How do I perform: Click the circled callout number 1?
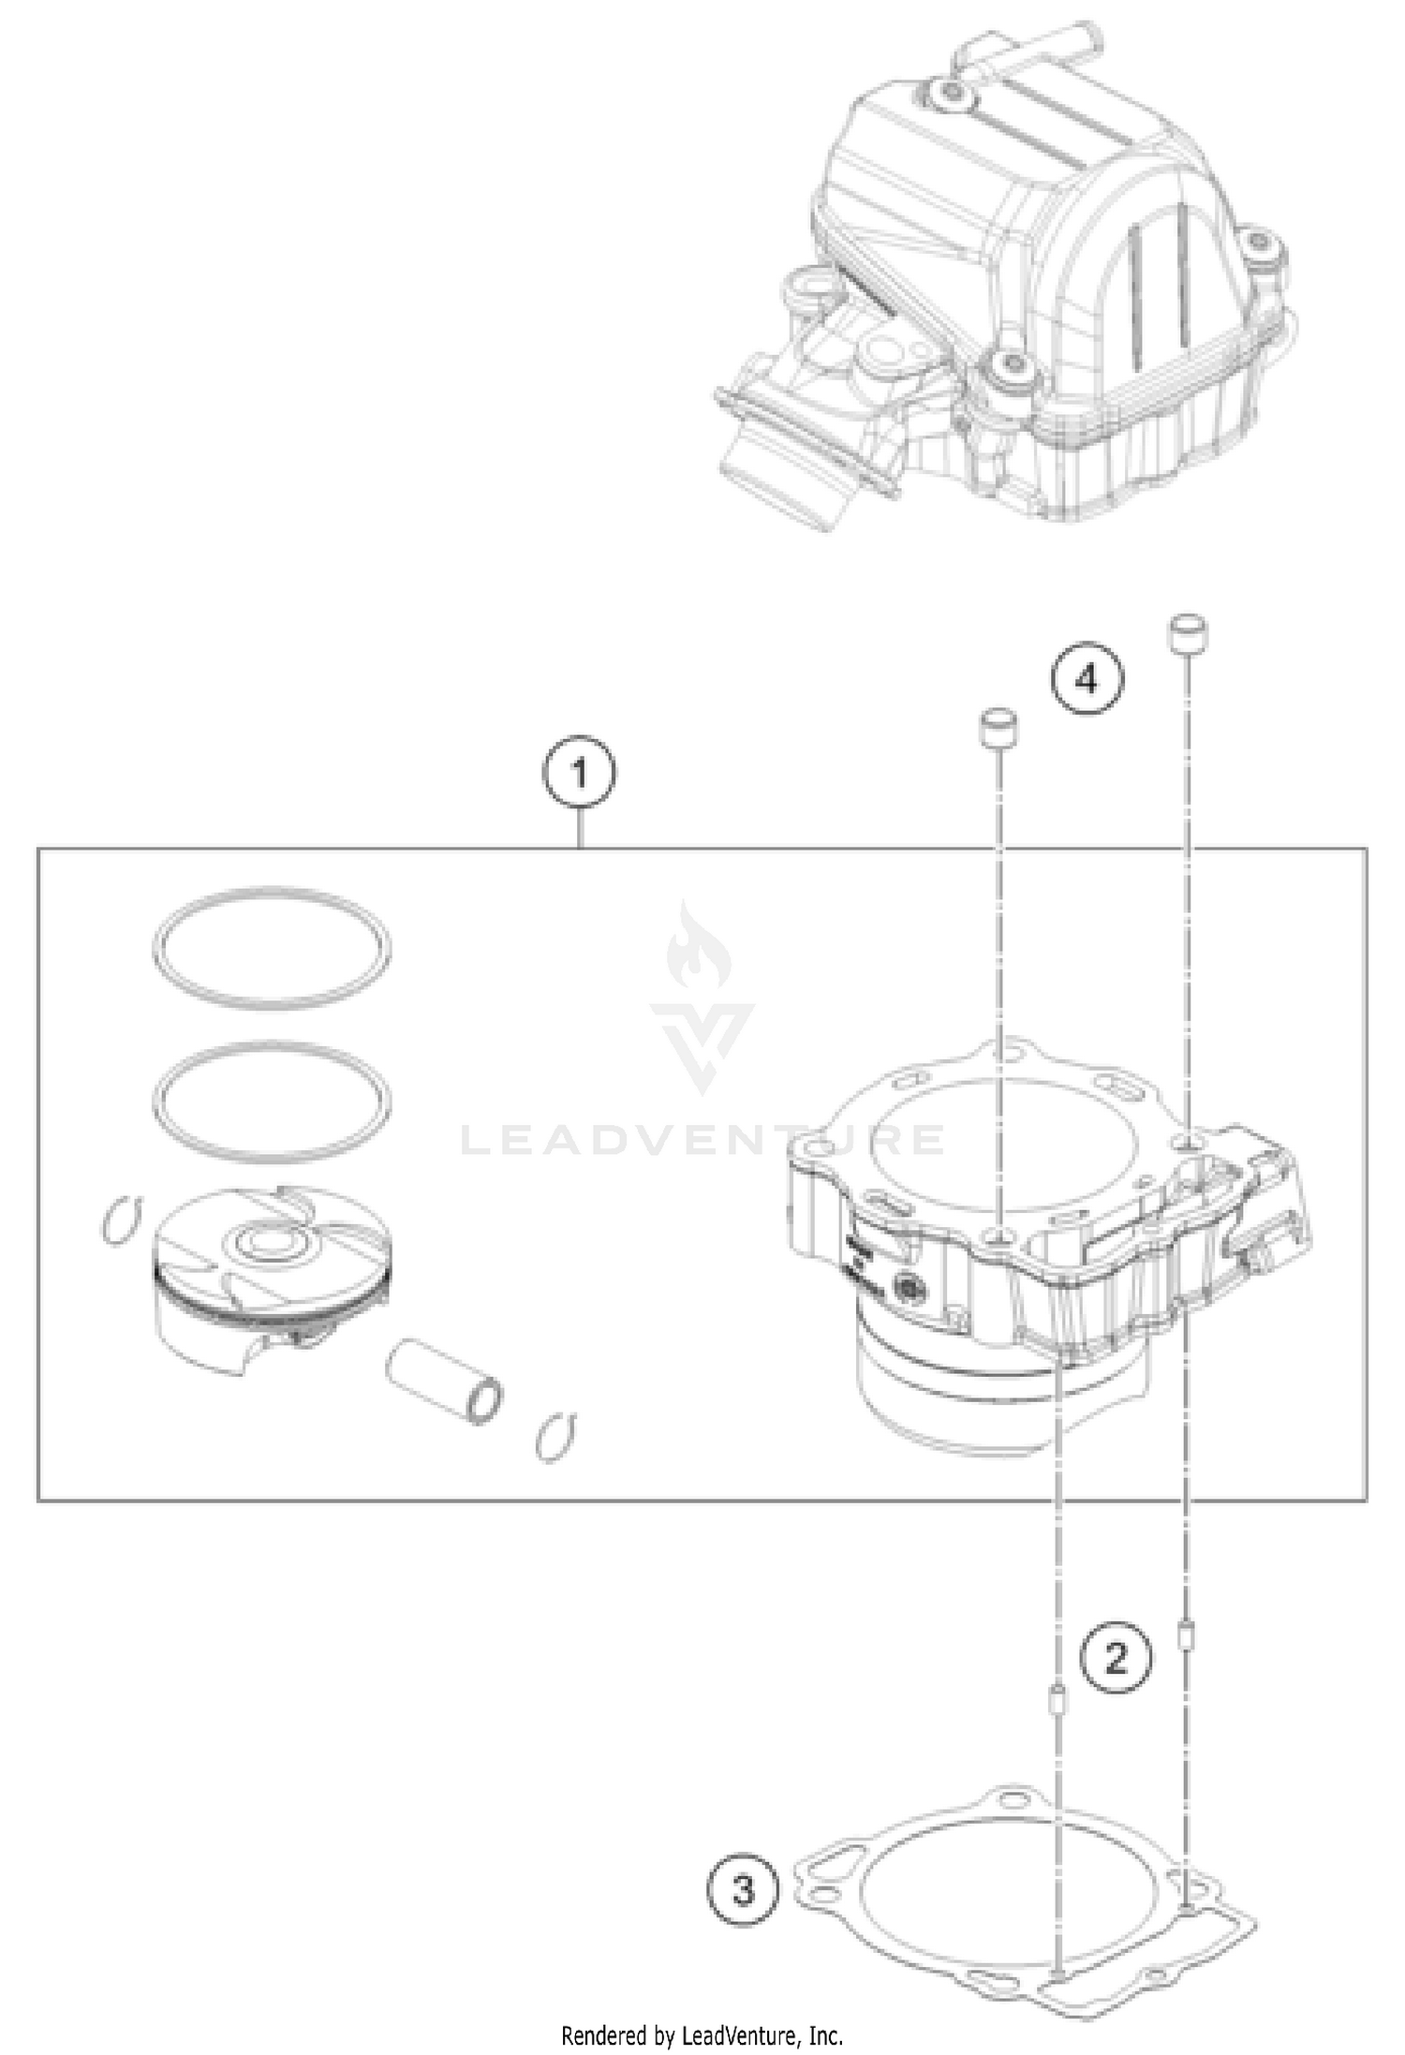(580, 774)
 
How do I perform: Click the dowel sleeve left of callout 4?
(998, 728)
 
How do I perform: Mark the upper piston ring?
(272, 948)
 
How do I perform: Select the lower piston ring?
(272, 1100)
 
